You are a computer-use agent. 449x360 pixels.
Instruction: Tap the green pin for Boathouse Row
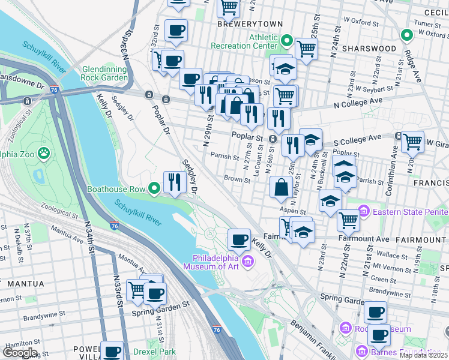coord(154,188)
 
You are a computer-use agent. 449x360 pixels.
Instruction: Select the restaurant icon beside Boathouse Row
coord(175,182)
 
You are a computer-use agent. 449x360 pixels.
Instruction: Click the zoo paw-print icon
coord(44,154)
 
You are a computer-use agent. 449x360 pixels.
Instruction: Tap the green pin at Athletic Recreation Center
coord(286,41)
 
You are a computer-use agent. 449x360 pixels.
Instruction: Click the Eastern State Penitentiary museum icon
coord(363,211)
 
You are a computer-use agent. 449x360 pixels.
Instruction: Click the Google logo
coord(20,353)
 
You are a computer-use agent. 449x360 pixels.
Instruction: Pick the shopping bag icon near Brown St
coord(281,188)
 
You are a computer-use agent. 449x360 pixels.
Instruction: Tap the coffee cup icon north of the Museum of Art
coord(239,240)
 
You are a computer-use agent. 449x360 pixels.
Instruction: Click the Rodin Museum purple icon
coord(345,328)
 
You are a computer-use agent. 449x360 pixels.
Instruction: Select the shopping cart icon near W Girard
coord(412,142)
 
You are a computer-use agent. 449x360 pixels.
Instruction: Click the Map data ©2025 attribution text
coord(424,355)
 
